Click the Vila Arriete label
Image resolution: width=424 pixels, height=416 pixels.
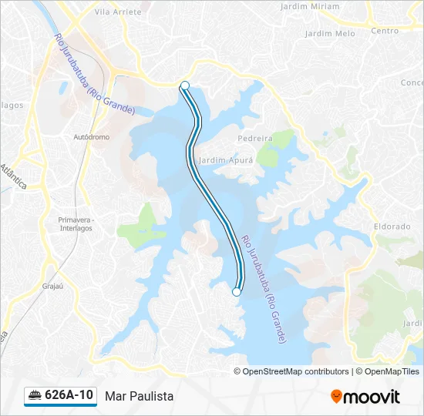coord(117,12)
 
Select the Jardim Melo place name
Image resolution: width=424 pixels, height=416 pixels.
coord(330,34)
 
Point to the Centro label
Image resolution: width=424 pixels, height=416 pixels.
coord(385,31)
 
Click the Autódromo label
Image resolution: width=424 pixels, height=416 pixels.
coord(91,137)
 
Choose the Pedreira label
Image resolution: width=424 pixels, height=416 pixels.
coord(256,139)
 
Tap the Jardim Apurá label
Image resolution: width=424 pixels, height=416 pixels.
coord(221,161)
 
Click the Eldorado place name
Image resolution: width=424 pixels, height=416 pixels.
coord(392,227)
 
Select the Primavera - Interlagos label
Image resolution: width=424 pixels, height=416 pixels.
coord(76,223)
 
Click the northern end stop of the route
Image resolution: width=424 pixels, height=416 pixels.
coord(185,86)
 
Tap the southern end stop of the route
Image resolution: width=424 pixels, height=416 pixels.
coord(237,292)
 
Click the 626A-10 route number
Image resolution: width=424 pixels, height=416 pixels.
coord(69,395)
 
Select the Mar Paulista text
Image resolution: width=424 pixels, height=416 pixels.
coord(139,396)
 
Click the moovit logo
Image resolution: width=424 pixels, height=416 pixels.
coord(365,396)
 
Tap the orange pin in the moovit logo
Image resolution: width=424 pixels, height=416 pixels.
coord(336,396)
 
